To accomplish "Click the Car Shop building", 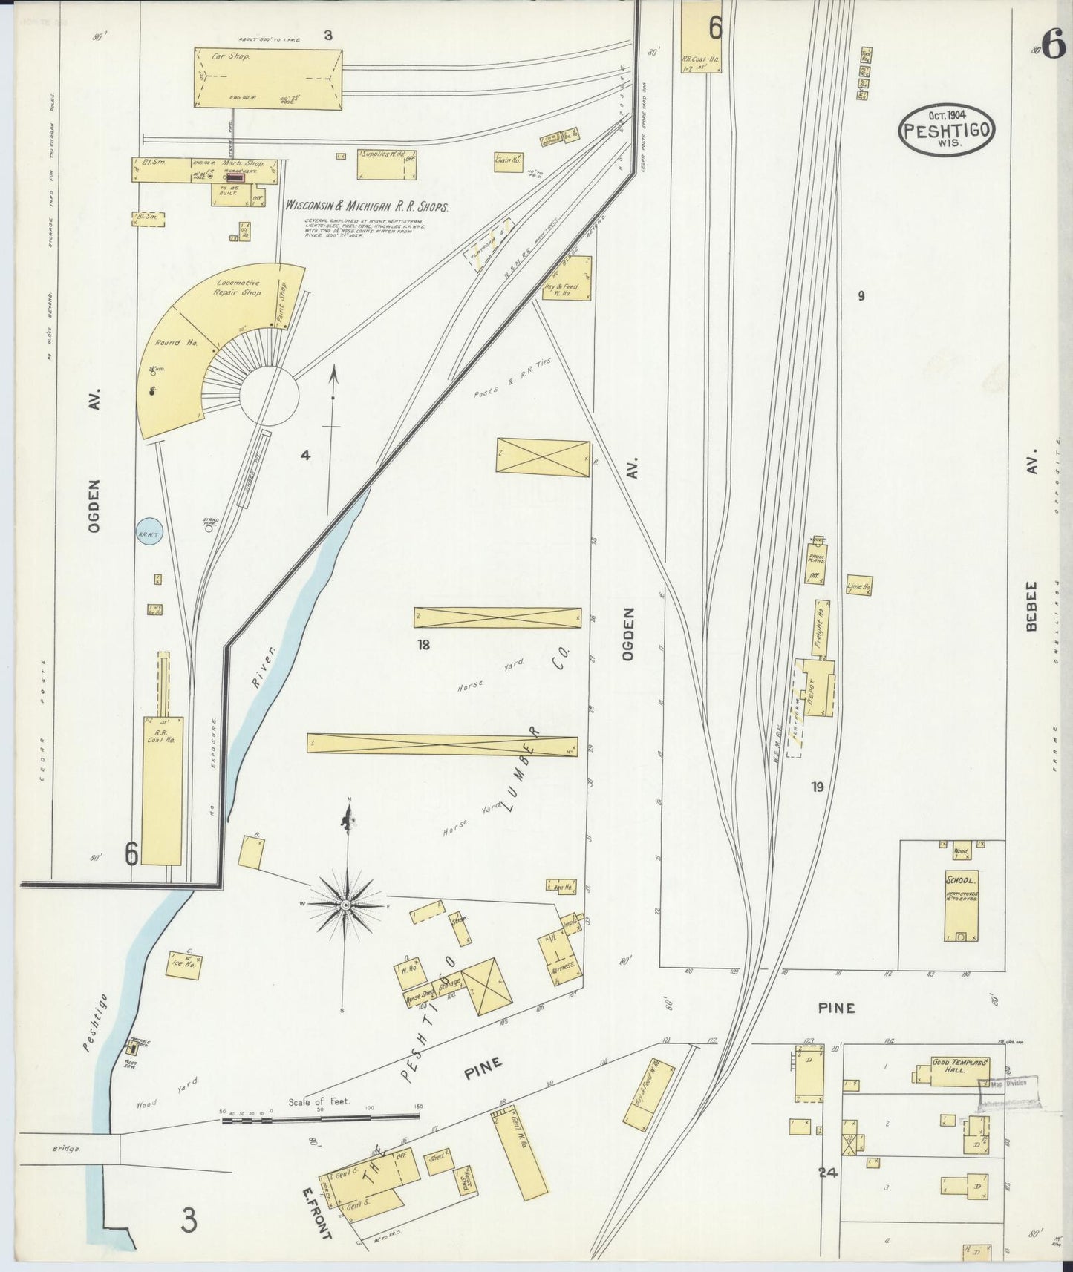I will coord(268,79).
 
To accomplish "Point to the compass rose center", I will coord(346,906).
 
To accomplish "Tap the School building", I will coord(961,905).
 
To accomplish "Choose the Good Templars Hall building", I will coord(959,1071).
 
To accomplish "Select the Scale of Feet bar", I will coord(321,1115).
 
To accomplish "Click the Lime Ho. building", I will coord(858,587).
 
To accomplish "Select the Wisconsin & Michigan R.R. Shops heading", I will coord(366,207).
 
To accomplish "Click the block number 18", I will coord(423,645).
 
